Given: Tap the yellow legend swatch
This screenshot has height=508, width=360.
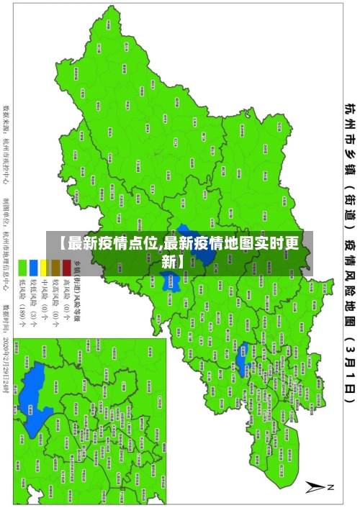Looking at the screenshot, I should tap(44, 245).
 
